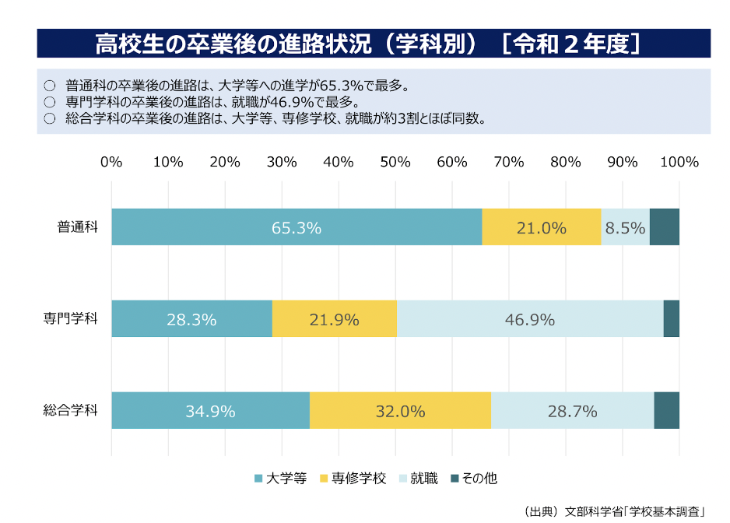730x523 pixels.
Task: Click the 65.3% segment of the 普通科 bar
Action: click(297, 227)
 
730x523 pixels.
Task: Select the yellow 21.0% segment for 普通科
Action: click(541, 227)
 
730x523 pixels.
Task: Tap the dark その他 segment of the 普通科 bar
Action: click(665, 227)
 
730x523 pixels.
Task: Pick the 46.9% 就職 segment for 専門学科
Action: click(530, 319)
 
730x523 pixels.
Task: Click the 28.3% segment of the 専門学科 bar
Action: click(191, 319)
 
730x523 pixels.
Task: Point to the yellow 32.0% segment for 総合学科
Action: click(400, 411)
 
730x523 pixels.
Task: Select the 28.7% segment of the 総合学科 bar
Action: click(572, 411)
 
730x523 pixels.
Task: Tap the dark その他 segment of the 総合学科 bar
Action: click(667, 411)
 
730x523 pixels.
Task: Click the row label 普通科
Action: click(77, 227)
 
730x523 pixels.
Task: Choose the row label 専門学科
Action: click(70, 319)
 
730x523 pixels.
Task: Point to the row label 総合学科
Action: click(70, 411)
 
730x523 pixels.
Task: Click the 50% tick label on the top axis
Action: click(395, 162)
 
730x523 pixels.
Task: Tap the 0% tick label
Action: click(111, 162)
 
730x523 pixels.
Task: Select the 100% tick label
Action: click(679, 162)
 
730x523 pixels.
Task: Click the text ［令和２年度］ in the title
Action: click(573, 43)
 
